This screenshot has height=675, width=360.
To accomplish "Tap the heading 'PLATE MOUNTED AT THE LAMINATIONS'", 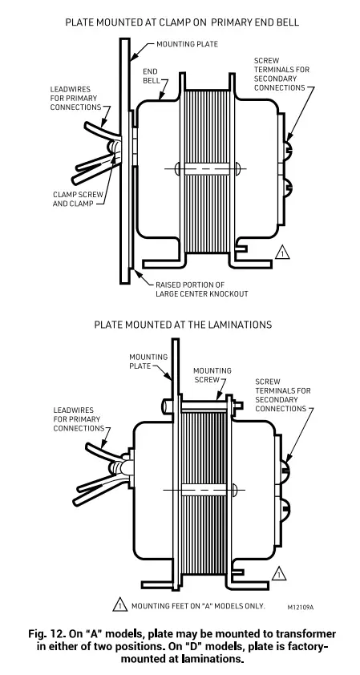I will tap(183, 325).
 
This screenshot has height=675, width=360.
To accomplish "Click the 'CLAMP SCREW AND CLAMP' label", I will tap(74, 198).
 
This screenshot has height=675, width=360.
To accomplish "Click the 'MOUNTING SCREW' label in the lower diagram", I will tap(212, 375).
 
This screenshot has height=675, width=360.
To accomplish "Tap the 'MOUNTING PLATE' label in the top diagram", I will tap(187, 44).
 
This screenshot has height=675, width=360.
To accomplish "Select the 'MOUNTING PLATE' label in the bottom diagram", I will tap(148, 362).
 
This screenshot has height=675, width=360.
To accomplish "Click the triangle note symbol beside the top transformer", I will tap(281, 253).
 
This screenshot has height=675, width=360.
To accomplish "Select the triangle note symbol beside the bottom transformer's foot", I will tap(277, 574).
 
